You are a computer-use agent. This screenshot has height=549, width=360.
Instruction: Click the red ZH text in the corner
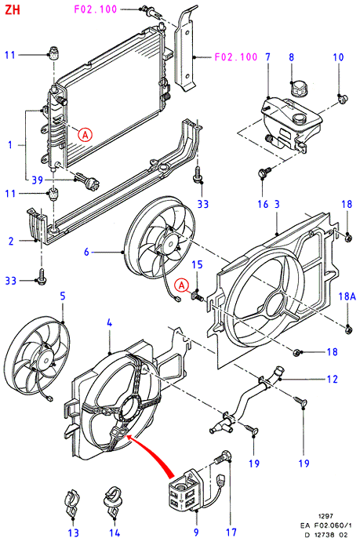[13, 9]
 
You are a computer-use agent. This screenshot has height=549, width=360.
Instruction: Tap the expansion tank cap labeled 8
[299, 88]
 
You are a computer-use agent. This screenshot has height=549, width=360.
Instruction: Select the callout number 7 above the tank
[268, 57]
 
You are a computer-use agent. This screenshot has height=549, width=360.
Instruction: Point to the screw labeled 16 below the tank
[265, 172]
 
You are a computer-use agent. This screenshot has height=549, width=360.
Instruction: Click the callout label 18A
[347, 296]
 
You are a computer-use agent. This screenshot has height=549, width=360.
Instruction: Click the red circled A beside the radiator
[85, 134]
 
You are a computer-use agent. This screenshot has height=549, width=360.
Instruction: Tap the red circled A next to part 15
[182, 285]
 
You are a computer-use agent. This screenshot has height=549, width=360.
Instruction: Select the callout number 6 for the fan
[86, 252]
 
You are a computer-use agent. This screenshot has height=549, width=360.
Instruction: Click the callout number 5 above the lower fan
[63, 296]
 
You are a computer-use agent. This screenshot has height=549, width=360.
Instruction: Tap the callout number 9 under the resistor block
[196, 533]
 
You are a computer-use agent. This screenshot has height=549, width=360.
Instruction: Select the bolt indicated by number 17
[223, 456]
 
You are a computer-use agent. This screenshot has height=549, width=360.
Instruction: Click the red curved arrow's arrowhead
[129, 438]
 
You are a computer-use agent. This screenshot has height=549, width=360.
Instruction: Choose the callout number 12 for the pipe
[332, 379]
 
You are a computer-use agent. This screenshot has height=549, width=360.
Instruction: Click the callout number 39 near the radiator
[37, 180]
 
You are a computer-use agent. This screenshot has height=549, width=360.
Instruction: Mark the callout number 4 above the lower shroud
[110, 323]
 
